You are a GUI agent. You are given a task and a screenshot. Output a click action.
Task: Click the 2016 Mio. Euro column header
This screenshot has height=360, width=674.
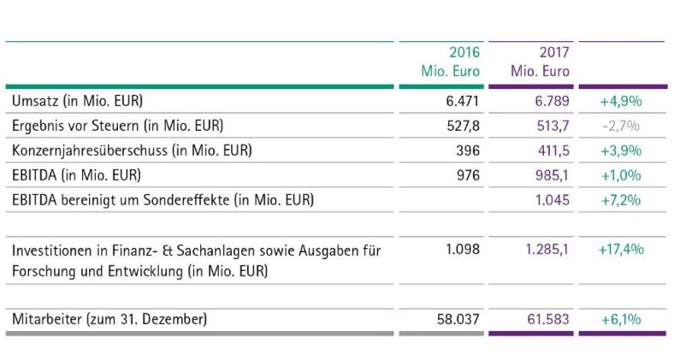coord(450,62)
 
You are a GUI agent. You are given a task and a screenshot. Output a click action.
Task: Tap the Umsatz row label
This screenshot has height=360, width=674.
coord(77,101)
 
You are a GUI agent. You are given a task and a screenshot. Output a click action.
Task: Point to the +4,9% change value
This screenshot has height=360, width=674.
coord(621,101)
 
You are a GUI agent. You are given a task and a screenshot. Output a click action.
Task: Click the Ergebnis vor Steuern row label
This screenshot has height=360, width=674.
coord(117,126)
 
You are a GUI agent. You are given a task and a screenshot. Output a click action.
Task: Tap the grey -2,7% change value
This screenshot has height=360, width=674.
coord(622,126)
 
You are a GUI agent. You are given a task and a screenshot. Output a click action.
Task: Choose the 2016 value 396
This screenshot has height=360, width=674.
coord(468,150)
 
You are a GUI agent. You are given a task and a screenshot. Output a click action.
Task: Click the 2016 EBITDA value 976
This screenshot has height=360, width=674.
coord(468,175)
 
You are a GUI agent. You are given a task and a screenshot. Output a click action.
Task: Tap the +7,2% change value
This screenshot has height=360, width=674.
coord(621,200)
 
